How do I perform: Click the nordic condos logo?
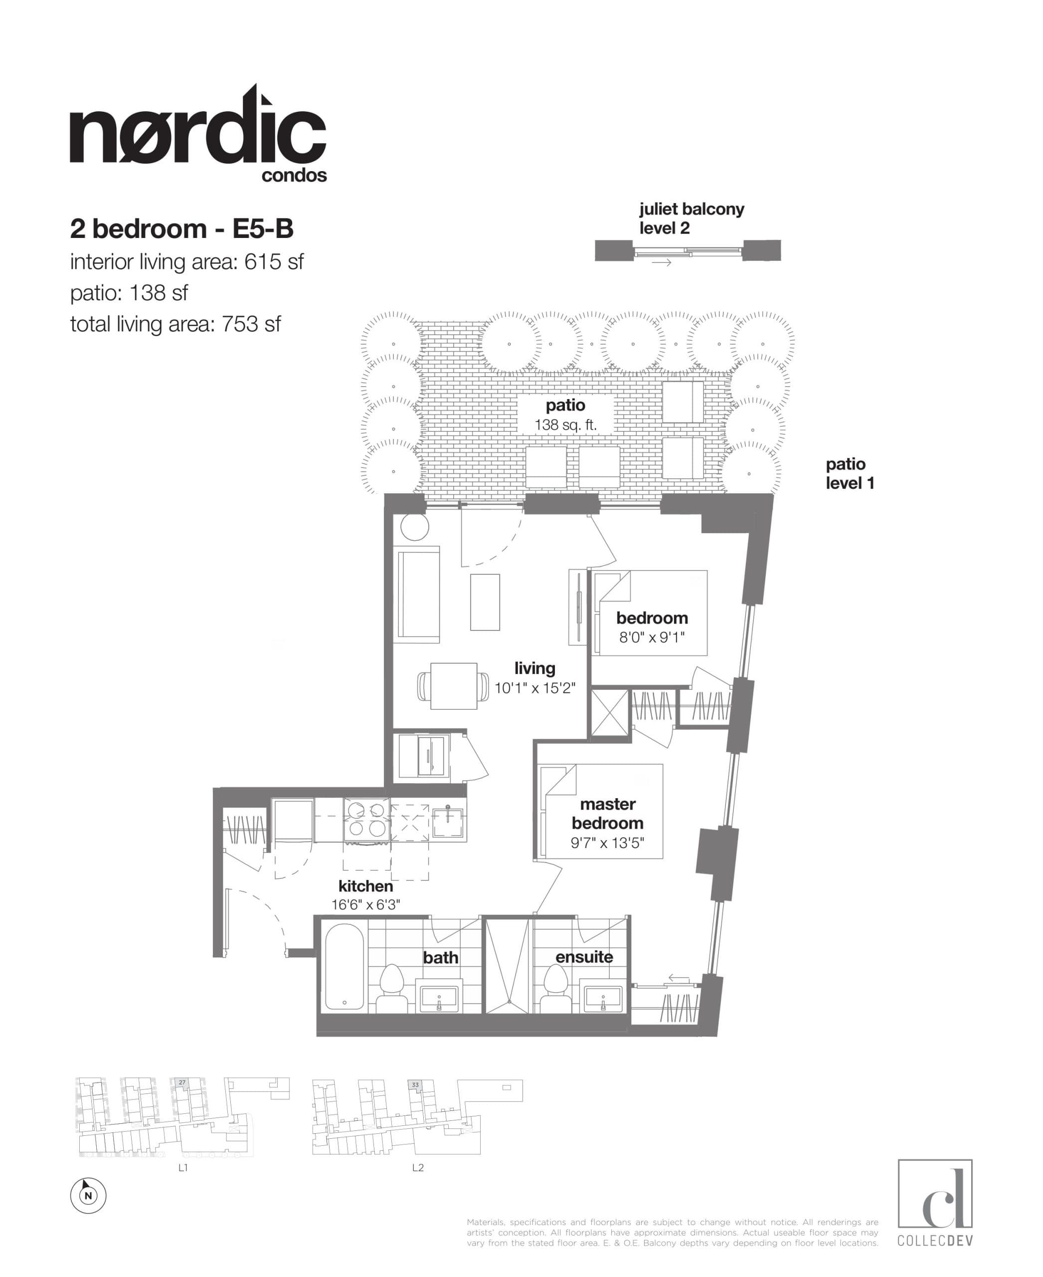tap(198, 135)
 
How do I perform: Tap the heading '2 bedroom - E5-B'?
tap(181, 229)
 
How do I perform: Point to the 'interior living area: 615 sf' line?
tap(186, 262)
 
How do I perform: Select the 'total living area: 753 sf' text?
tap(175, 325)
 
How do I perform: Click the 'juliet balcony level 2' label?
tap(691, 219)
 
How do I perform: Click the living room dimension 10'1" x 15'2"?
tap(535, 688)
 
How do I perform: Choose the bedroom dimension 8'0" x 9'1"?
tap(652, 638)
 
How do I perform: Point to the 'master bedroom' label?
tap(607, 814)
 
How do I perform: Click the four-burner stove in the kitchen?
tap(366, 820)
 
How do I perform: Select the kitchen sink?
tap(448, 822)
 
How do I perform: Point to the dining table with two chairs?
tap(453, 686)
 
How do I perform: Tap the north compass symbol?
tap(88, 1195)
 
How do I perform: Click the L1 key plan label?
tap(183, 1168)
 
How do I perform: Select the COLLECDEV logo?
tap(935, 1203)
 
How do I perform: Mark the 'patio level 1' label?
tap(850, 473)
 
